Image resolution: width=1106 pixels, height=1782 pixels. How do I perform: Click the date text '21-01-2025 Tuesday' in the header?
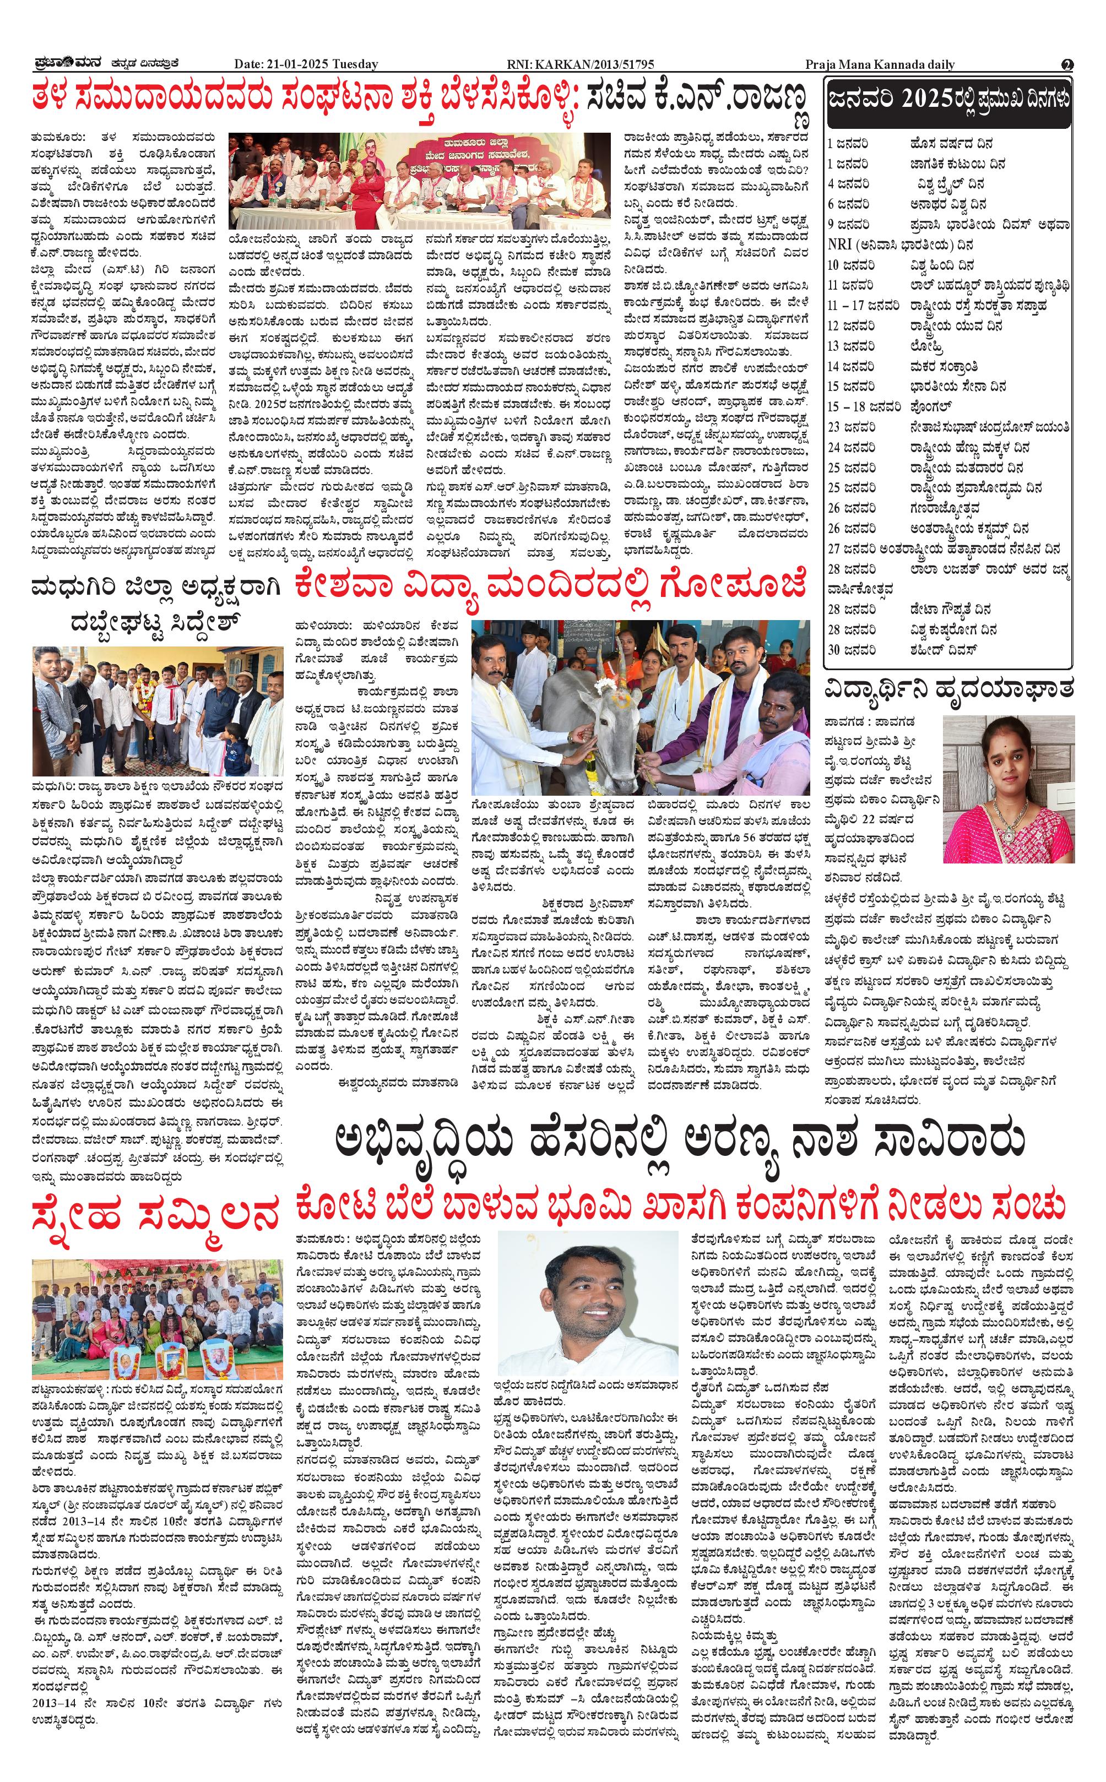322,64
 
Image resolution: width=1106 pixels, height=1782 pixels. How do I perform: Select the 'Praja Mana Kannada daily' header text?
879,64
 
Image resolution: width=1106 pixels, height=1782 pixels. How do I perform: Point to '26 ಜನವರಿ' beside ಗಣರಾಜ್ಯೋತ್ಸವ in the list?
852,508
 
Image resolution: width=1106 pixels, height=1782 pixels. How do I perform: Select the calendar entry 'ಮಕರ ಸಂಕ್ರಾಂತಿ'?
944,366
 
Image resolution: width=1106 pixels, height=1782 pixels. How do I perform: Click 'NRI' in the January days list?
841,245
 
